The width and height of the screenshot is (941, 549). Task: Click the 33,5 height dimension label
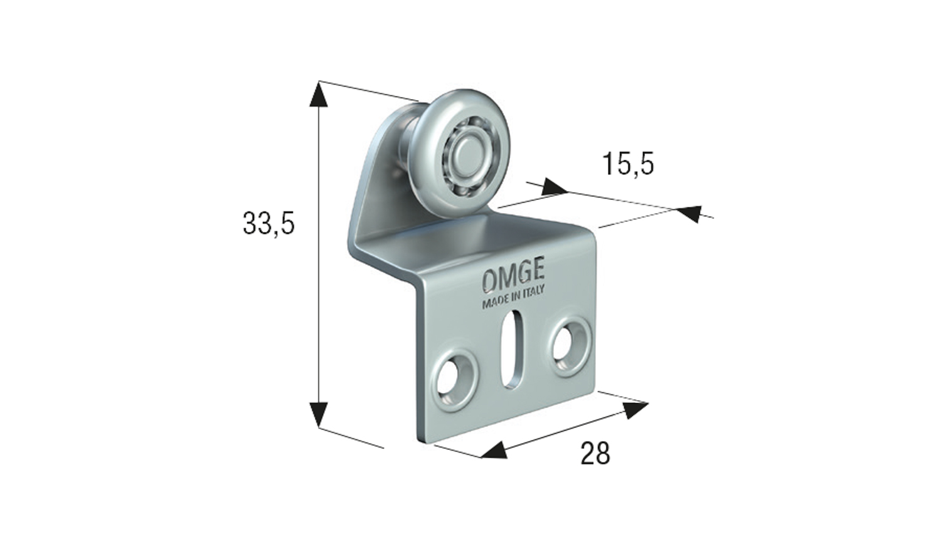tap(269, 223)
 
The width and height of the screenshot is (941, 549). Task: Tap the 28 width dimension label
tap(595, 453)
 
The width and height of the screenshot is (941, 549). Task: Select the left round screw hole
tap(454, 379)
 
